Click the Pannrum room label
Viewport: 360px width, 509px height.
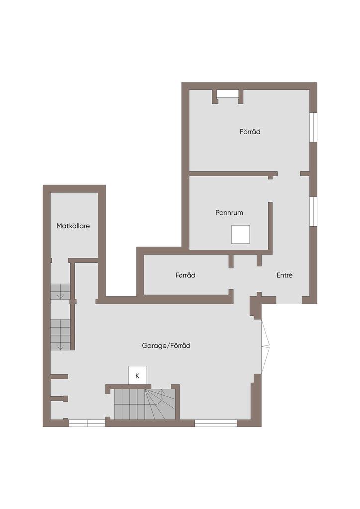pos(229,212)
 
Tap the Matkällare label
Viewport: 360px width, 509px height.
pos(73,226)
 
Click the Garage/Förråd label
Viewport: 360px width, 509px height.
pos(166,345)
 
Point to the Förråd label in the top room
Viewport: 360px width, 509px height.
pos(250,132)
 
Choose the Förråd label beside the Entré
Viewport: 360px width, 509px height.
pos(185,275)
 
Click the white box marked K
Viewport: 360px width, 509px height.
pos(137,375)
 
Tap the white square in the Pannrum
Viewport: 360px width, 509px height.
pos(240,234)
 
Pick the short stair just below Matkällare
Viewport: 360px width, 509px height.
pos(60,292)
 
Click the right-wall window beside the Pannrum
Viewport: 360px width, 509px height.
pos(313,211)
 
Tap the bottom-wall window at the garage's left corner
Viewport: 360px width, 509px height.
pos(87,423)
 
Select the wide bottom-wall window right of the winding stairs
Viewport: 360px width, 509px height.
pos(215,423)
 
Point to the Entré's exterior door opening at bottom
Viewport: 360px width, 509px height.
pos(289,300)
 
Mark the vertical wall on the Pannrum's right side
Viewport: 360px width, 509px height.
pos(270,226)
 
